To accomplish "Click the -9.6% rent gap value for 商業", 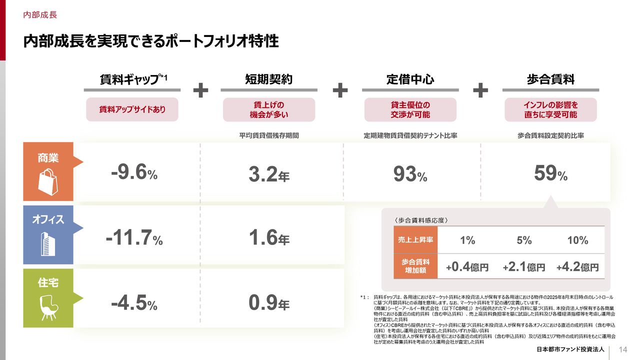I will coord(134,173).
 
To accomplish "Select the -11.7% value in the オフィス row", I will coord(134,238).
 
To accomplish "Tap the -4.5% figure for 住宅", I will coord(134,302).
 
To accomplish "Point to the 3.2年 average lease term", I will coord(269,174).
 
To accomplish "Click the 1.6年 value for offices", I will coord(269,238).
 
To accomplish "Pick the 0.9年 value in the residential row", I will coord(269,302).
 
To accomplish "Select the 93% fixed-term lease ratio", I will coord(410,174).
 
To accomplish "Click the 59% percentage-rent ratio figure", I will coord(550,174).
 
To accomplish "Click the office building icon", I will coord(48,243).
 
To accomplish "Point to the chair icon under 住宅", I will coord(48,306).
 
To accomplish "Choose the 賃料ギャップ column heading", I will coord(132,79).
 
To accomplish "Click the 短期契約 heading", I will coord(268,79).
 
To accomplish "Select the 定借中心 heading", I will coord(410,79).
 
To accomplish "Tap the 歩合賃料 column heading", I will coord(550,79).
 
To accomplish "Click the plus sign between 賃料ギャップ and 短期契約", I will coord(200,90).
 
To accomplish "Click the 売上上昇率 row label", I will coord(415,240).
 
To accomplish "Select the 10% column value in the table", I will coord(577,240).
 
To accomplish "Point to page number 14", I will coord(623,349).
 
